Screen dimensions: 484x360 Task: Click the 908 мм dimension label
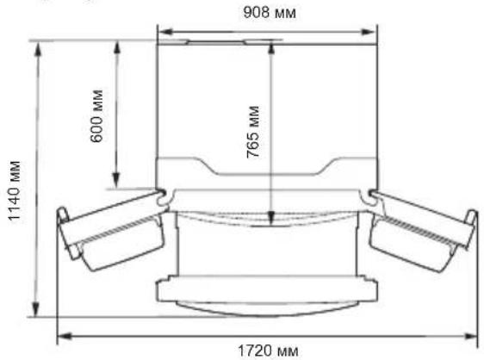tap(270, 13)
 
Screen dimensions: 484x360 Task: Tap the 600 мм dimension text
tap(96, 116)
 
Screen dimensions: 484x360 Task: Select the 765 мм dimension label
tap(253, 132)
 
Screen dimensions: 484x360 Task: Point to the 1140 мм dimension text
tap(14, 191)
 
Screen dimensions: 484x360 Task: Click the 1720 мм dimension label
tap(268, 351)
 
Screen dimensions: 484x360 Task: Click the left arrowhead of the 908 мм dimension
tap(165, 32)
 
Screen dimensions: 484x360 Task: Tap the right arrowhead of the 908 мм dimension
tap(369, 32)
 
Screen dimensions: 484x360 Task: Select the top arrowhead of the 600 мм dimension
tap(116, 48)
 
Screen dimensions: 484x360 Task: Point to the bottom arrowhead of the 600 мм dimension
tap(116, 181)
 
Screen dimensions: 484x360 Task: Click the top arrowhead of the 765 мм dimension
tap(271, 49)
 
